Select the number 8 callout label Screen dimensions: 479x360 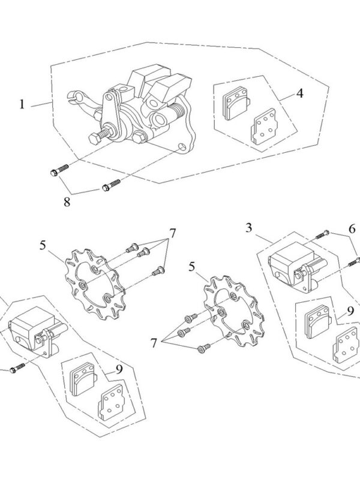click(67, 201)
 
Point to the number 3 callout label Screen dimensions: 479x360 click(249, 228)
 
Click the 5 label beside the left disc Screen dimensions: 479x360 click(43, 245)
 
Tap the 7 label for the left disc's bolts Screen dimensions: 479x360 click(172, 233)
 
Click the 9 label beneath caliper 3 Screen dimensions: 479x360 click(349, 311)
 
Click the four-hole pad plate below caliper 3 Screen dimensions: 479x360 click(344, 347)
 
